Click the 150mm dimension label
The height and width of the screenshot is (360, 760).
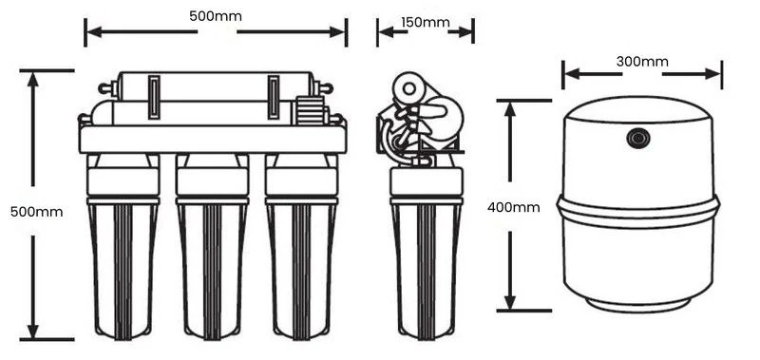tap(425, 22)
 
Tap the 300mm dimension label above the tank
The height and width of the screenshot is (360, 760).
tap(642, 62)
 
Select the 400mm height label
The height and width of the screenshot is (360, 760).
tap(513, 207)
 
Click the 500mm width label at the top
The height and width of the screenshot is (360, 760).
tap(216, 16)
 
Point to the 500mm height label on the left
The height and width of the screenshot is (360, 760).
tap(36, 212)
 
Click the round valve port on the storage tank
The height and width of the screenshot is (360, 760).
tap(638, 138)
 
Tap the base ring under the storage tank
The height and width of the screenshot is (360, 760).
tap(638, 305)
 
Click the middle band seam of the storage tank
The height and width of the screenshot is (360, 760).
tap(638, 211)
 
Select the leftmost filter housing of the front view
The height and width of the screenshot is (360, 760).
tap(123, 247)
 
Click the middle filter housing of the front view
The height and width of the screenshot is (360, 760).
tap(212, 247)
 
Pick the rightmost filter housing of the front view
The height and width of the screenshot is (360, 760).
tap(301, 247)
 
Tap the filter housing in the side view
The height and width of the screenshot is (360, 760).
tap(427, 252)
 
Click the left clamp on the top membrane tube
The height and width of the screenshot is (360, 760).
tap(154, 97)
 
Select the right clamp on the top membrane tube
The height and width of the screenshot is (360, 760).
tap(274, 97)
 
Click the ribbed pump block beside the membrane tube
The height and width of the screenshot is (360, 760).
tap(310, 111)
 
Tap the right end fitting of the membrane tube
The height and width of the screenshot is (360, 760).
tap(322, 88)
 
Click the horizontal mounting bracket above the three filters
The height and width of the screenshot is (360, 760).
tap(212, 140)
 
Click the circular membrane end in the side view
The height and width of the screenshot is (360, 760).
tap(409, 88)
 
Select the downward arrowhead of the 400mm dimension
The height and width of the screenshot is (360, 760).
tap(509, 300)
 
